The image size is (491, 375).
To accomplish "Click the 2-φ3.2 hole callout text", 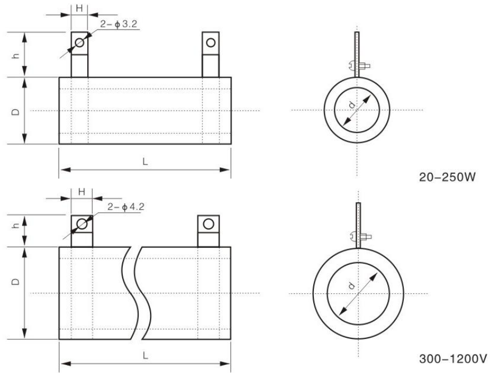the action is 119,24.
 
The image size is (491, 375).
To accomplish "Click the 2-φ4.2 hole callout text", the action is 126,207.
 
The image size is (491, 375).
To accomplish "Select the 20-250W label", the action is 447,177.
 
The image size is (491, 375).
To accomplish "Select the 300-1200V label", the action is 453,359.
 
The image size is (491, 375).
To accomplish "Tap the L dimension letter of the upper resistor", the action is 145,162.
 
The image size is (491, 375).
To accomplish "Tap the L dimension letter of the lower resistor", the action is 146,356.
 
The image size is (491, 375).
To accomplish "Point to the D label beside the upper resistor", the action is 16,112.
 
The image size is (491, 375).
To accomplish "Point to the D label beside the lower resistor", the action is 16,281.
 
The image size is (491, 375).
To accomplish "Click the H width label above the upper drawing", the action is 79,8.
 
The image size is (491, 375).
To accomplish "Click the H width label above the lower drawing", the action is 82,192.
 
